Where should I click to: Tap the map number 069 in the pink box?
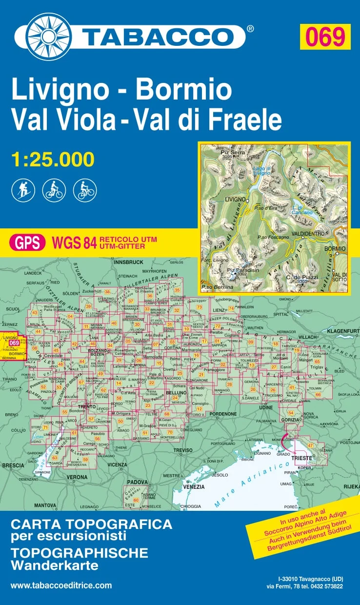coord(325,37)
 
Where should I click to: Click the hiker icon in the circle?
coord(22,190)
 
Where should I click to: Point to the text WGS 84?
coord(73,242)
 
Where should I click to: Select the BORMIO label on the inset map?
coord(335,249)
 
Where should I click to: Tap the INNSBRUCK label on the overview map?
coord(128,262)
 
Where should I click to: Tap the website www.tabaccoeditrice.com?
coord(61,585)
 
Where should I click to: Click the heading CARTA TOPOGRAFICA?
coord(91,524)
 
